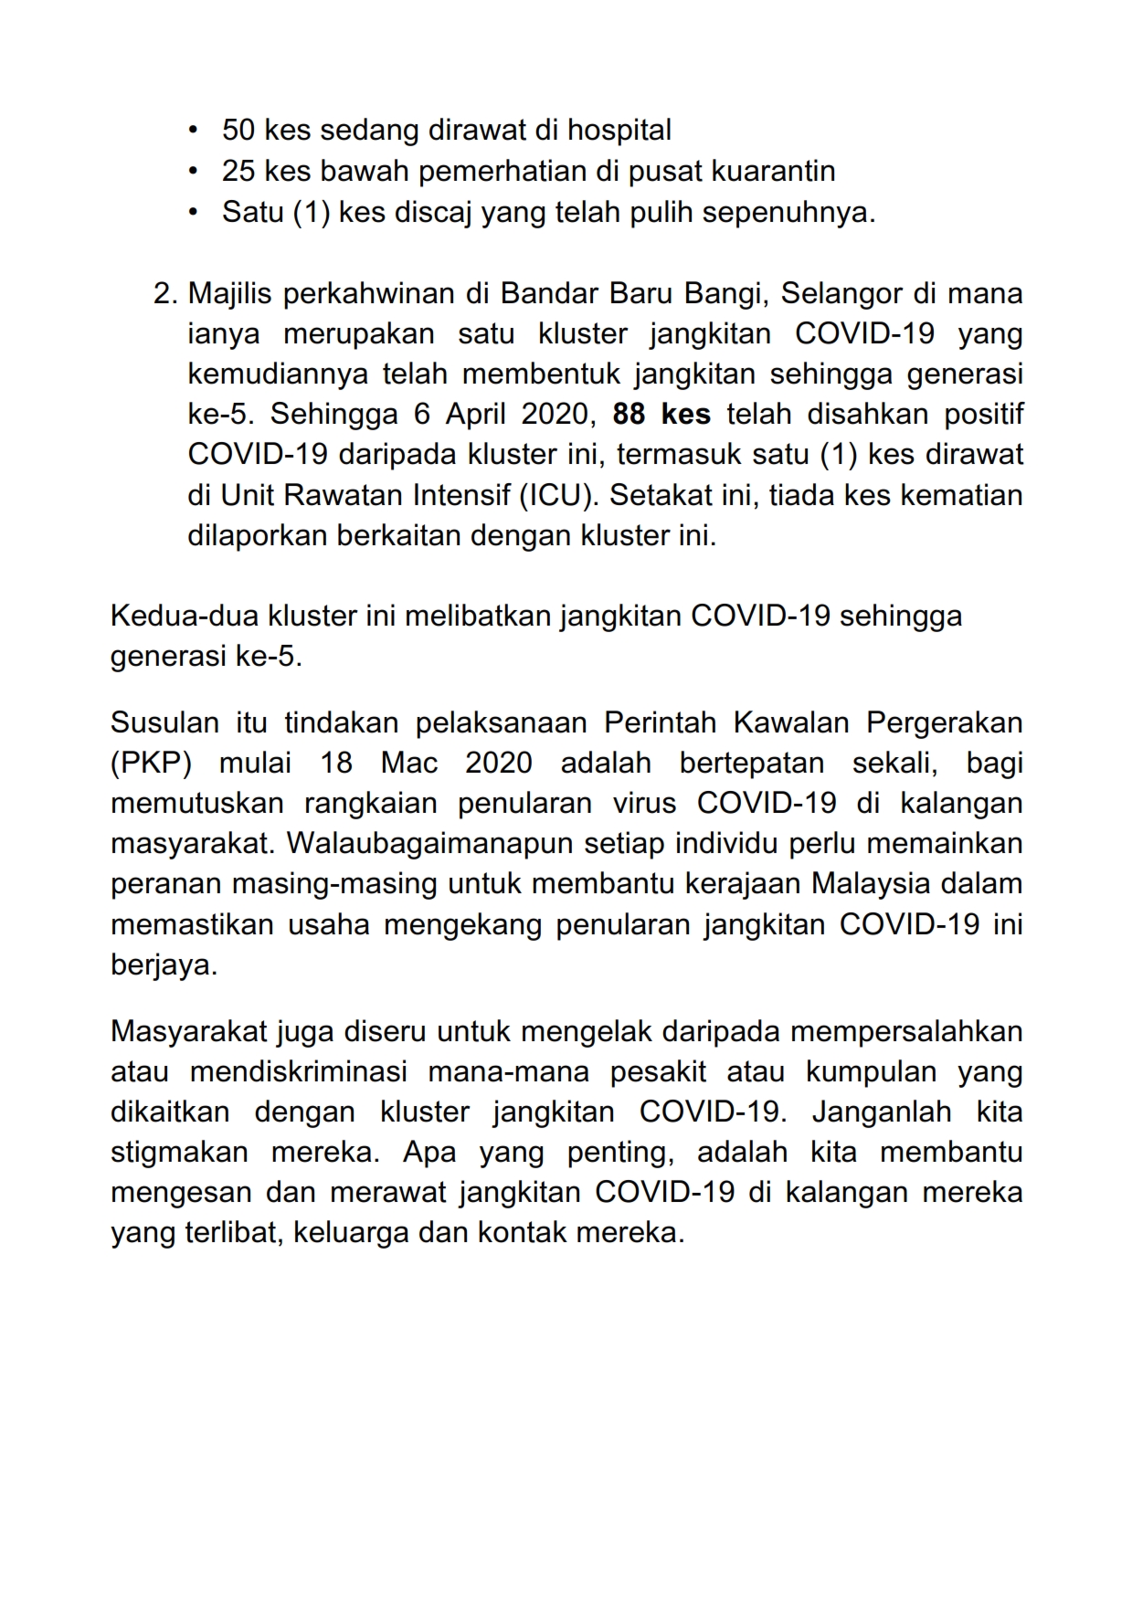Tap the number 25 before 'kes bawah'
pyautogui.click(x=238, y=172)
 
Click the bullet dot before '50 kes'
pyautogui.click(x=192, y=131)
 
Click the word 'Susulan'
pyautogui.click(x=164, y=723)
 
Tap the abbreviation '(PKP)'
pyautogui.click(x=151, y=764)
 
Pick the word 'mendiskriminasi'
pyautogui.click(x=298, y=1072)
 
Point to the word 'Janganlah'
pyautogui.click(x=882, y=1112)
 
